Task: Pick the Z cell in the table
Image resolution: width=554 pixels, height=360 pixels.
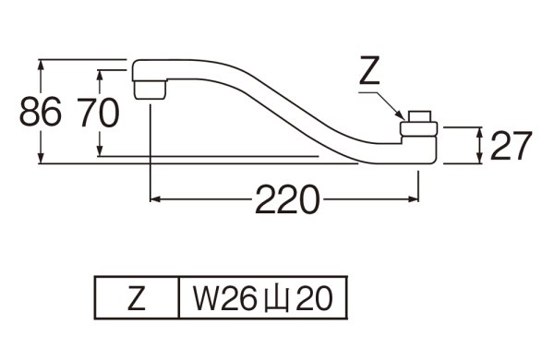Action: (135, 297)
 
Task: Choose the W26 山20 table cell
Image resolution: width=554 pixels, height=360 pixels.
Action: (261, 297)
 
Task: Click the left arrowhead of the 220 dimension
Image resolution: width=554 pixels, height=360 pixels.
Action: (154, 198)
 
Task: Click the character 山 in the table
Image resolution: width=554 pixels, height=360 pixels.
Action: (276, 297)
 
